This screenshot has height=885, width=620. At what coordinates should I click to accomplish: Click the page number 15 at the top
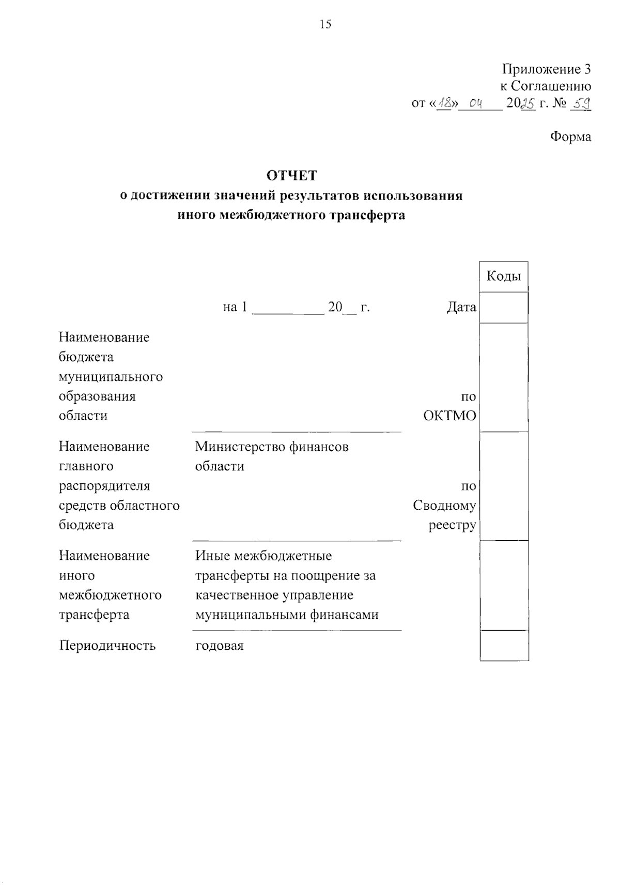click(x=326, y=24)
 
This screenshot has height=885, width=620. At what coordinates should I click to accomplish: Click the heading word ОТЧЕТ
click(x=291, y=176)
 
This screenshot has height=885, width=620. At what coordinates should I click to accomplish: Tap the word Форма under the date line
click(x=570, y=137)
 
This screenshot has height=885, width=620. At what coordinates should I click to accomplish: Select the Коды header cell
click(x=504, y=276)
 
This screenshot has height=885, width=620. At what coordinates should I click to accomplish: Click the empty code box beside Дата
click(x=504, y=308)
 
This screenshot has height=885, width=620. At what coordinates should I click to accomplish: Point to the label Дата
click(x=461, y=308)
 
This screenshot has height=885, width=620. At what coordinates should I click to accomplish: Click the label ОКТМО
click(x=450, y=416)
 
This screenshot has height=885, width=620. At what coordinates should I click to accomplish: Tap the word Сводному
click(x=444, y=506)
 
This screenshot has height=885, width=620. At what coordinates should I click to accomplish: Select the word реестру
click(x=452, y=525)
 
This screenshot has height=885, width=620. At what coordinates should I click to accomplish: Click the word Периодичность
click(x=107, y=646)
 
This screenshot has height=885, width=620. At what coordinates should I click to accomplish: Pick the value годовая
click(x=219, y=646)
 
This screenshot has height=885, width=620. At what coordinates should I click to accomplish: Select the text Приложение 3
click(x=547, y=69)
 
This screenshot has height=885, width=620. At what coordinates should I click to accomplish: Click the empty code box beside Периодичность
click(x=504, y=646)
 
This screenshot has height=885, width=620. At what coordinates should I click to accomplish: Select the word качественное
click(x=237, y=595)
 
